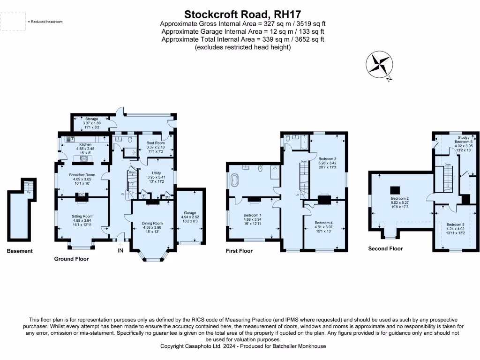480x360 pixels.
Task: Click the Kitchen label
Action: click(85, 144)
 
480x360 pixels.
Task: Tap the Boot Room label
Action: click(154, 142)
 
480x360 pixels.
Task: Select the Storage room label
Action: click(91, 119)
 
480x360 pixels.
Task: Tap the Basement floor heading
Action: click(20, 251)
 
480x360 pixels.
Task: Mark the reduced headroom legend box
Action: click(13, 21)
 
